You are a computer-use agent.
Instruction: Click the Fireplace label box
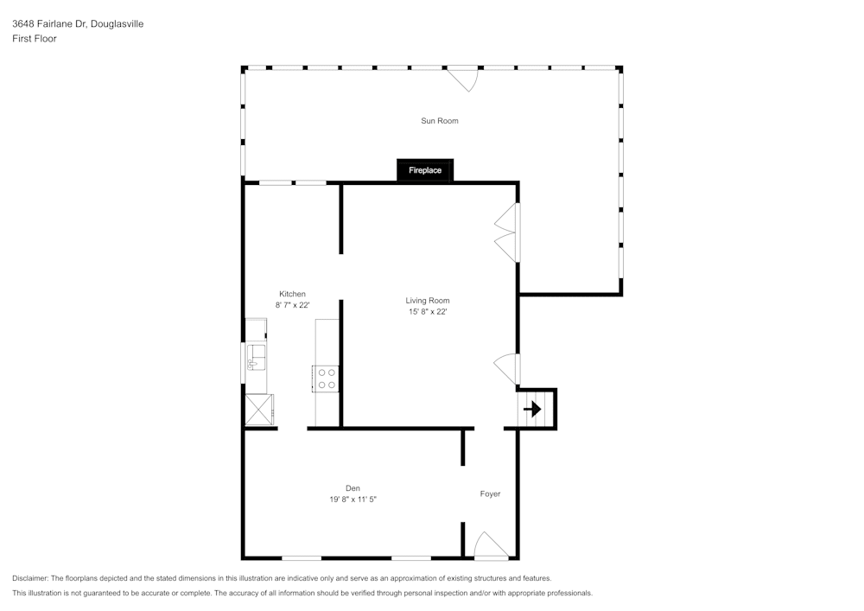coord(425,170)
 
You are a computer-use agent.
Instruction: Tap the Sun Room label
coord(439,121)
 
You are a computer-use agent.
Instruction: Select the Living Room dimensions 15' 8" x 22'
coord(428,312)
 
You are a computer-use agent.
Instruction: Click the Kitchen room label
coord(292,294)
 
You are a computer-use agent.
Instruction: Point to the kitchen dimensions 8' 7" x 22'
coord(292,305)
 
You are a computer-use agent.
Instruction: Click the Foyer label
coord(490,494)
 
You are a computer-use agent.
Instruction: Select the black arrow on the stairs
coord(533,409)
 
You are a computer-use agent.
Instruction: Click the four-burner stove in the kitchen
coord(327,379)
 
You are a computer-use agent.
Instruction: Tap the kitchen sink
coord(257,356)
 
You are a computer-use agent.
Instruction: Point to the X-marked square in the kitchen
coord(259,408)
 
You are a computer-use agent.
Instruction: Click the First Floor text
coord(35,39)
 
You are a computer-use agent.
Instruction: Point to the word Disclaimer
coord(30,578)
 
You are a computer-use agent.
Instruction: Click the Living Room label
coord(428,301)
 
